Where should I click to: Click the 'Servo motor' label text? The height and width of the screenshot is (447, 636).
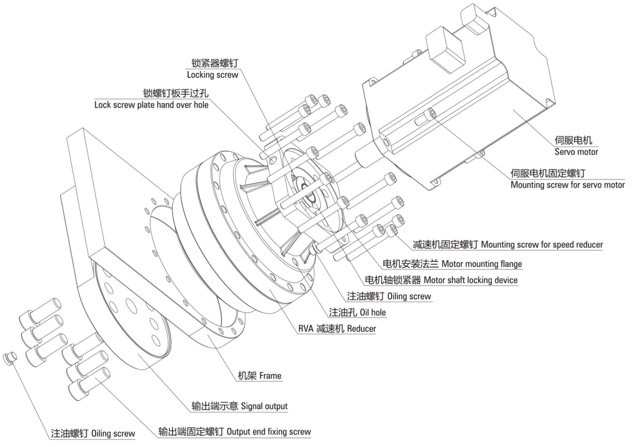pyautogui.click(x=576, y=152)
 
